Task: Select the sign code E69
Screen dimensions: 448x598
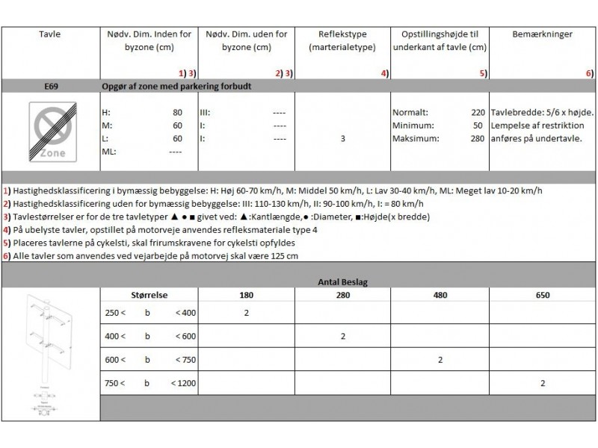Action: point(52,86)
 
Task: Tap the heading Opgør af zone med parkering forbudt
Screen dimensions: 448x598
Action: point(176,86)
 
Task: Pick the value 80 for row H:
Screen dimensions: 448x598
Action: point(177,112)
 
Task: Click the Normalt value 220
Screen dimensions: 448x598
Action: point(478,112)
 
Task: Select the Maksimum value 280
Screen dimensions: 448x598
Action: point(478,138)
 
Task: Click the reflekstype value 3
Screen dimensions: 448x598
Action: point(342,138)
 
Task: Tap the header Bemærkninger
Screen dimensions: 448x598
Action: point(542,34)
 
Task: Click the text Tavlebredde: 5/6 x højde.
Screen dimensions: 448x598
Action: point(542,112)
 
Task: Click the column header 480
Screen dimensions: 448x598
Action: point(440,296)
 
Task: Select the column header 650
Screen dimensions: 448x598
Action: point(542,296)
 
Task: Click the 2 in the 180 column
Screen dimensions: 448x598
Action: point(246,312)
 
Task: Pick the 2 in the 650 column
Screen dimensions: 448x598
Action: point(542,383)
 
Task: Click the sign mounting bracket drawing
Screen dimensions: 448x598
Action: point(50,351)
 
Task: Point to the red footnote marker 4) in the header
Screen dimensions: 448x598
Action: point(384,73)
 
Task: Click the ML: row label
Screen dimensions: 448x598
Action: point(109,152)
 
